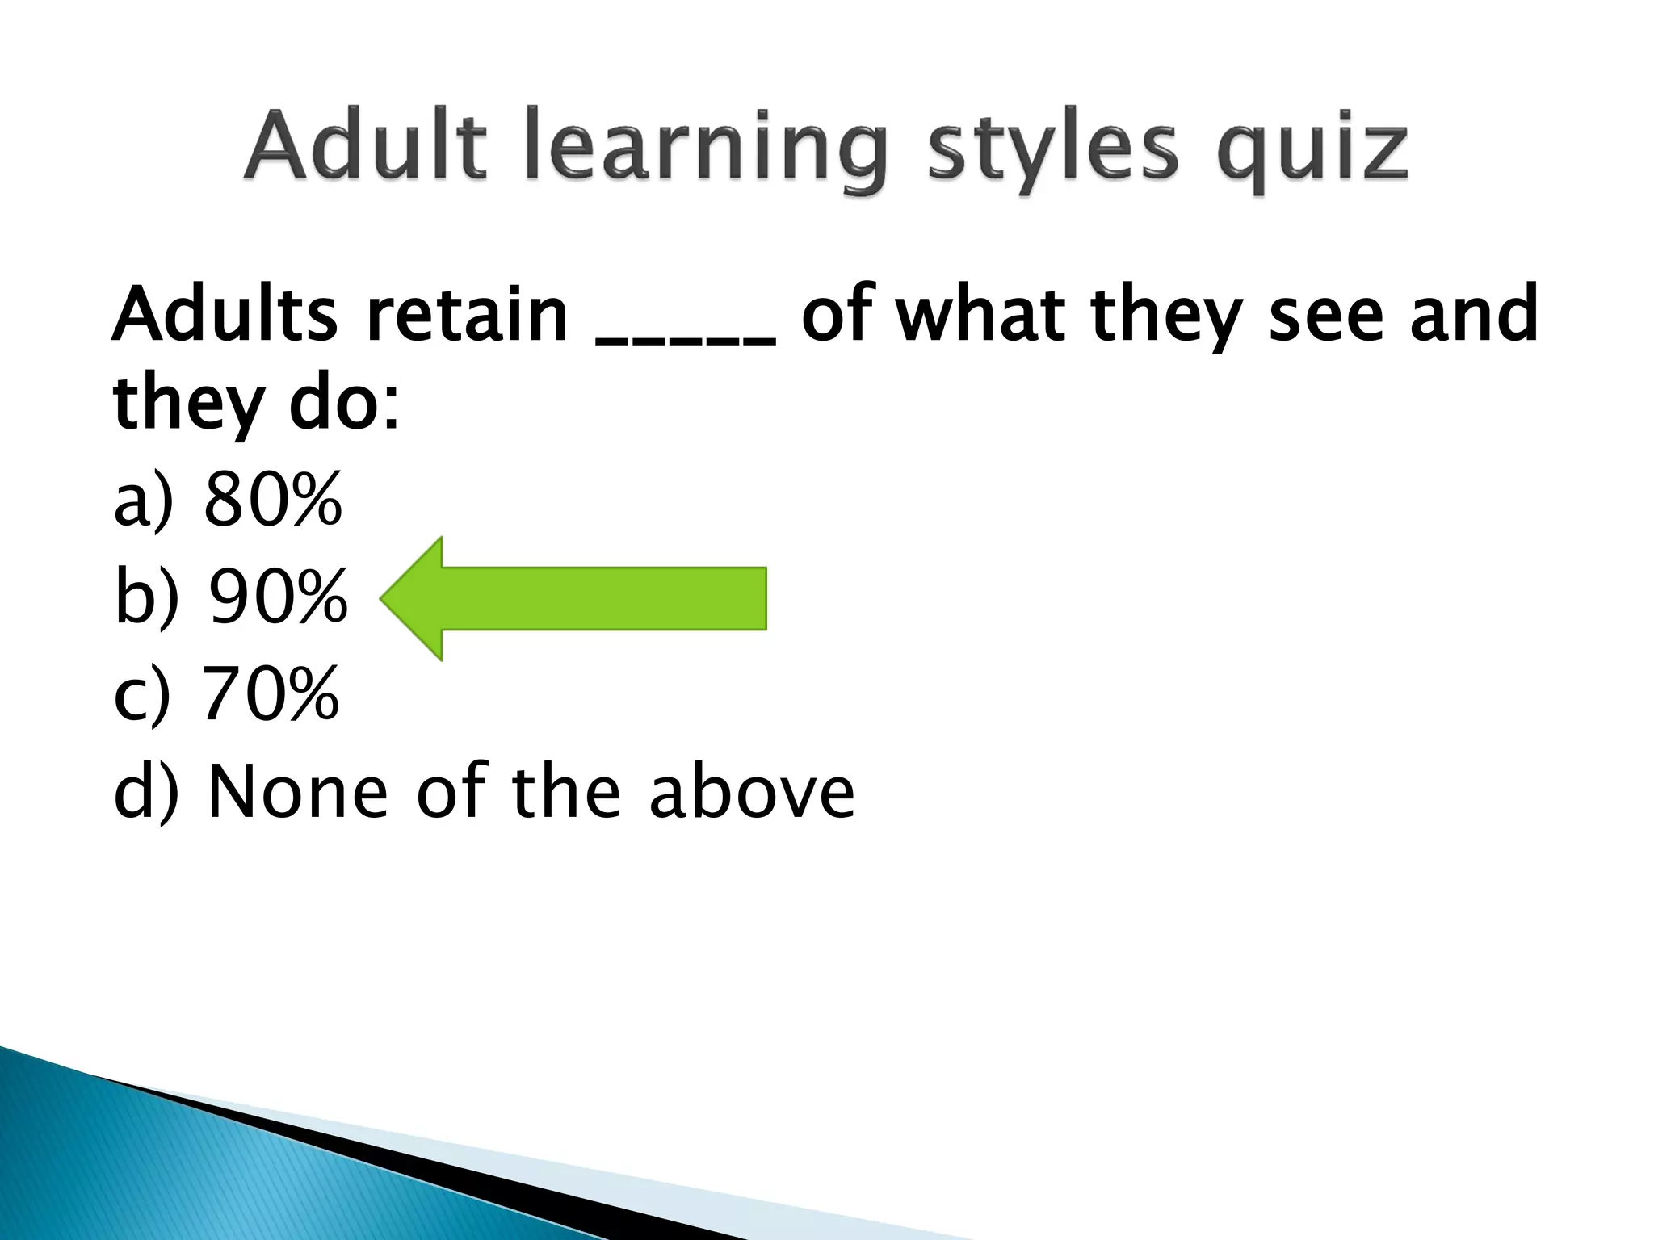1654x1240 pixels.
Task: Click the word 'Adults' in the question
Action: [225, 315]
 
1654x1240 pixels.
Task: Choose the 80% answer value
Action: [273, 501]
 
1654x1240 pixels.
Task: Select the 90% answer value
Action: [278, 598]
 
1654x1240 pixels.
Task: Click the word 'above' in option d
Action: [751, 791]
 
